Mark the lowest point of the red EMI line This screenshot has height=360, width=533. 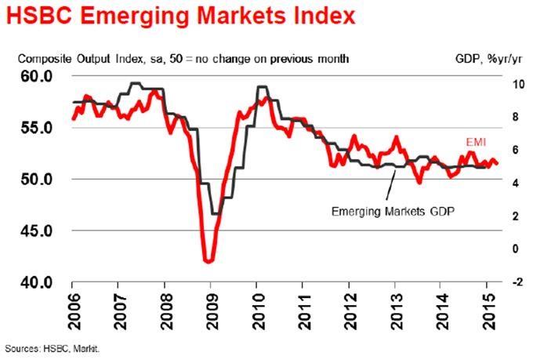(207, 261)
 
